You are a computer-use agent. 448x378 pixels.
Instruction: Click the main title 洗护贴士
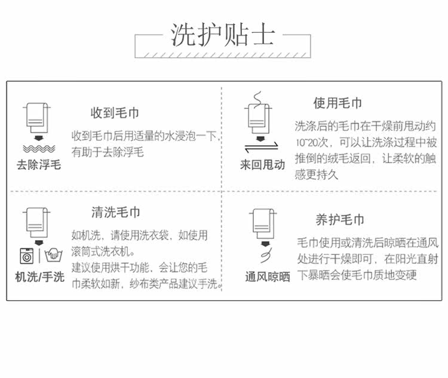click(x=223, y=36)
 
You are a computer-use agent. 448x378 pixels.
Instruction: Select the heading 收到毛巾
click(x=115, y=113)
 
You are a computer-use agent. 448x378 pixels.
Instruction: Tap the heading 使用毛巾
click(x=337, y=103)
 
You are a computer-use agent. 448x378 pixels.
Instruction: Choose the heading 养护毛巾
click(x=339, y=220)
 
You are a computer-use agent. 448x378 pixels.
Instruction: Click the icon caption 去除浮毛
click(x=39, y=165)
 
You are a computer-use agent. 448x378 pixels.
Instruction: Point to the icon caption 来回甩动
click(x=262, y=165)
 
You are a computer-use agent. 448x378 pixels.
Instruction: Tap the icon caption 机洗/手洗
click(x=39, y=277)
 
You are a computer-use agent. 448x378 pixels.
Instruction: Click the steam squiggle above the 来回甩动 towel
click(x=258, y=97)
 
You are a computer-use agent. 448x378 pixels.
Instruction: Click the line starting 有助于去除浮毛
click(x=108, y=152)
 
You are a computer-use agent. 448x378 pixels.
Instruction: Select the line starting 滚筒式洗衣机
click(x=103, y=251)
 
